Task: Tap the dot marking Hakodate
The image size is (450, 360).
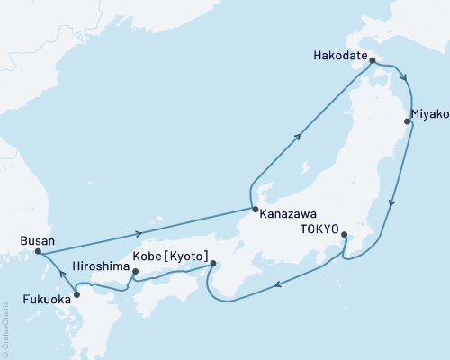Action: (372, 62)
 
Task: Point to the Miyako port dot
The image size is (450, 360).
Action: (408, 121)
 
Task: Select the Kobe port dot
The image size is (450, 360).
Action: (213, 264)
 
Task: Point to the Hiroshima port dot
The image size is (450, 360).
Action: (135, 271)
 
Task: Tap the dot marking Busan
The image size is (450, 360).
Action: (37, 252)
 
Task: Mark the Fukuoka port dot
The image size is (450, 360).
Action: (76, 293)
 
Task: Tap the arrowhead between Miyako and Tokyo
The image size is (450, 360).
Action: (390, 203)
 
